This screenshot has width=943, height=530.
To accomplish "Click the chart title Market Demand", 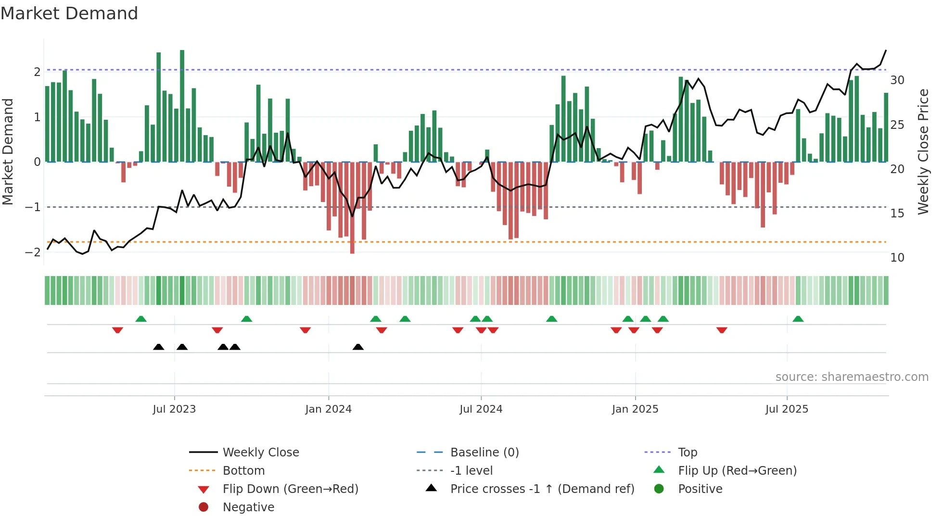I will click(x=69, y=13).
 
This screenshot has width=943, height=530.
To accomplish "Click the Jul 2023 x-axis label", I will click(x=174, y=409).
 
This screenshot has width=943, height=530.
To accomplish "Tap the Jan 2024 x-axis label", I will click(x=329, y=409).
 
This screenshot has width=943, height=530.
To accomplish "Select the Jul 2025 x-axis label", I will click(x=787, y=409).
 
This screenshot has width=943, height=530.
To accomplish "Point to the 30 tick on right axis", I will click(x=897, y=80).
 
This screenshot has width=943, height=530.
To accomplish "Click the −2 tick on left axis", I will click(x=33, y=252).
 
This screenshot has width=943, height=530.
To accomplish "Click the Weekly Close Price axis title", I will click(x=923, y=151).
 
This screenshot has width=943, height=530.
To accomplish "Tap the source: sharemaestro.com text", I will click(x=852, y=377).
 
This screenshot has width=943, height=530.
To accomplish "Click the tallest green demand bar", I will click(x=182, y=106).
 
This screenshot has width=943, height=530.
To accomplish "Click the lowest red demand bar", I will click(x=352, y=208).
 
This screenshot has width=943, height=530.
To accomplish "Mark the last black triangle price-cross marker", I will click(x=358, y=347).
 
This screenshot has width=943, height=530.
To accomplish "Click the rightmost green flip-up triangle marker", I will click(x=798, y=319).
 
